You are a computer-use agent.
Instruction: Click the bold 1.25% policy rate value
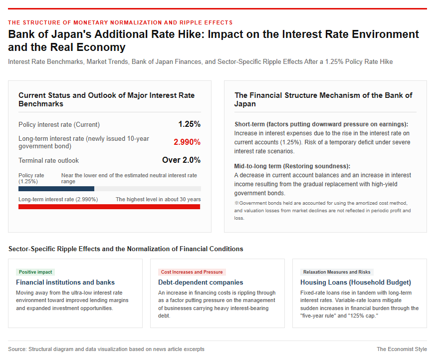tap(189, 124)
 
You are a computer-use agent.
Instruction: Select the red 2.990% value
tap(187, 142)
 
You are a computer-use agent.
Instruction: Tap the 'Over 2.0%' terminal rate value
tap(181, 160)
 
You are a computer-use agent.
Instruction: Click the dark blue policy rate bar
tap(56, 189)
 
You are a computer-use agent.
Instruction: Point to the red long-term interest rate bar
tap(109, 207)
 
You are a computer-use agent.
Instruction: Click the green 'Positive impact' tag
tap(35, 272)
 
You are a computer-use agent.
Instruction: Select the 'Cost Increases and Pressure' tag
tap(192, 272)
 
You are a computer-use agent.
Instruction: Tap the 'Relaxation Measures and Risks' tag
tap(337, 272)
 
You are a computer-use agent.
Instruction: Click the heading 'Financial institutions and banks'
tap(65, 282)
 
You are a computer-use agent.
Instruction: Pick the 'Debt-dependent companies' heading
tap(201, 282)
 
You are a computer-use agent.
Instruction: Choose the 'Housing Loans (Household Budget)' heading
tap(356, 282)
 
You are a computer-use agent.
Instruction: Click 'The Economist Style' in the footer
tap(402, 349)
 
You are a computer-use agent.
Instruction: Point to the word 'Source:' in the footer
tap(17, 349)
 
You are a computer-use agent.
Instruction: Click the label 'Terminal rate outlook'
tap(48, 161)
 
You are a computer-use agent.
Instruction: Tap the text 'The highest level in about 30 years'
tap(158, 199)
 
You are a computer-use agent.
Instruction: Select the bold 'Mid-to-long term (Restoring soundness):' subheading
tap(292, 166)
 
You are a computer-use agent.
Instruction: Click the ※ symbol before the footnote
tap(236, 203)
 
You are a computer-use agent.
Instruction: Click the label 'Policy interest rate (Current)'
tap(59, 124)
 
